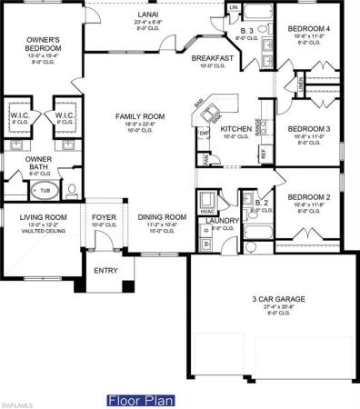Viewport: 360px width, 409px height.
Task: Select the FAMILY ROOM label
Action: [139, 115]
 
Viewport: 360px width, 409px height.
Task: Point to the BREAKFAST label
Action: [213, 58]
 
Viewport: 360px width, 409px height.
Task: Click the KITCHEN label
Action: [235, 128]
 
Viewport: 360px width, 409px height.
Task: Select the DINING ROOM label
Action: [161, 217]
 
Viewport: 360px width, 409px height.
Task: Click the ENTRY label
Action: [105, 270]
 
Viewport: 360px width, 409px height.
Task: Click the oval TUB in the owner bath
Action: [43, 192]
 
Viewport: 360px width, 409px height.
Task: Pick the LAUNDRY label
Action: [221, 220]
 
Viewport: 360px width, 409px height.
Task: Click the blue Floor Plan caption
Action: [134, 400]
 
